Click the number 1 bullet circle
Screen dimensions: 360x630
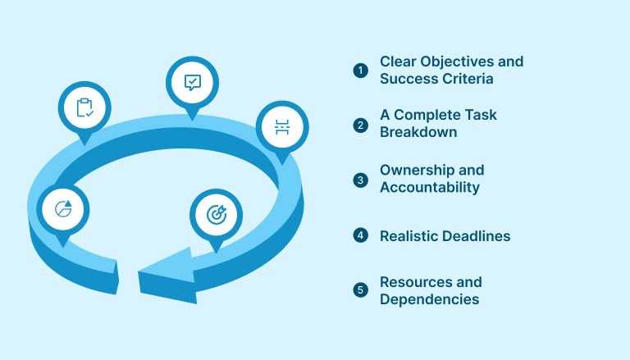coord(361,71)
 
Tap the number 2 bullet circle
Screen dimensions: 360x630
coord(361,125)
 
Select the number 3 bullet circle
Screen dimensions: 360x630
coord(361,180)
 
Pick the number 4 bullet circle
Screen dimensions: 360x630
coord(361,236)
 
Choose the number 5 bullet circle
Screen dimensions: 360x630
coord(361,290)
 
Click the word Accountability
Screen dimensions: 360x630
coord(429,187)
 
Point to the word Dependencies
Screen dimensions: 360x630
coord(429,299)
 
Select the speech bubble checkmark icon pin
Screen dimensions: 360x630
coord(193,83)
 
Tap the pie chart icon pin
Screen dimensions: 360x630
coord(62,208)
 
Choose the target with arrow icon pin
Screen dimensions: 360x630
coord(216,216)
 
